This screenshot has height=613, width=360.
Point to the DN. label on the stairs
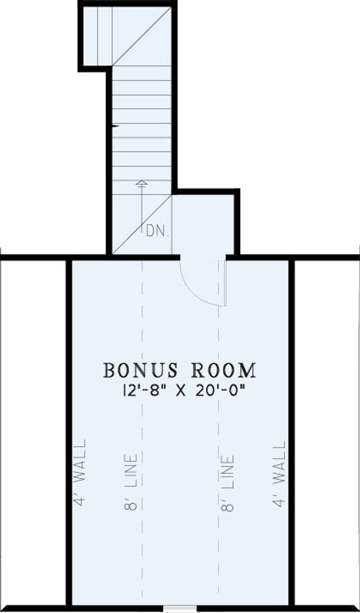[158, 231]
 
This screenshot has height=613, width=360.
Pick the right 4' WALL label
[278, 474]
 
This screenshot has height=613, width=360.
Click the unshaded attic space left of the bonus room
[33, 432]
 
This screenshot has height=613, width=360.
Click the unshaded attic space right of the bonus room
[327, 432]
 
